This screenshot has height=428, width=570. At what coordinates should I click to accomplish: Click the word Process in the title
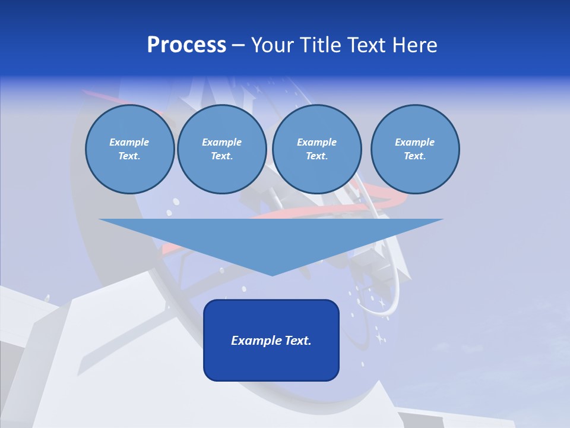click(186, 45)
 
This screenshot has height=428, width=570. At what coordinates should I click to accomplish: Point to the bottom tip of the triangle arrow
click(272, 275)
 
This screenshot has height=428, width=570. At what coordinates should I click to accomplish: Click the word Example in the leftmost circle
click(129, 142)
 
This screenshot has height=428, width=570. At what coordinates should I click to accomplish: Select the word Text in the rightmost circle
click(414, 156)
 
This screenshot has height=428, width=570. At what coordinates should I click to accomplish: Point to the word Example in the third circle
click(316, 142)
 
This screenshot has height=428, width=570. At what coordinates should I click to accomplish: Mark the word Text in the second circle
click(221, 156)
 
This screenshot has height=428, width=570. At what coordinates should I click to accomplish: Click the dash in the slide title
click(239, 45)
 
